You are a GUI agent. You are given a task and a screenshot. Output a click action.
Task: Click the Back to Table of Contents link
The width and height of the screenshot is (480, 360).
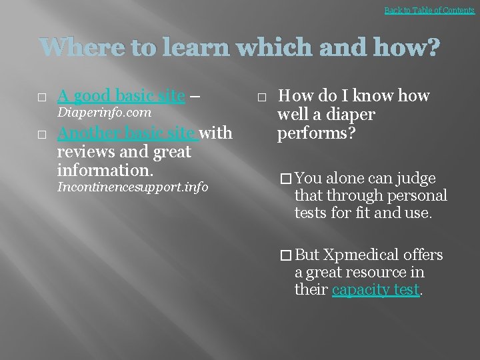(x=429, y=10)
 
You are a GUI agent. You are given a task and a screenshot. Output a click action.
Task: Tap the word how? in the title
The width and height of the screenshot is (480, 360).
(x=409, y=49)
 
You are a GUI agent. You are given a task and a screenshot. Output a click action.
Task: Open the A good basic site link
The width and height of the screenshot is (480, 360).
(x=121, y=96)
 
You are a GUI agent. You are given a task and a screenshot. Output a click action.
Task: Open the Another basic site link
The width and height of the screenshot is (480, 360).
(x=127, y=133)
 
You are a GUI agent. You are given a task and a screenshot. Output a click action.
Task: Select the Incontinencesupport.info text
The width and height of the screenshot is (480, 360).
(x=133, y=187)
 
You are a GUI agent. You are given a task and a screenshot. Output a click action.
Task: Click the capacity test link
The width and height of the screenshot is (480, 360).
(x=376, y=290)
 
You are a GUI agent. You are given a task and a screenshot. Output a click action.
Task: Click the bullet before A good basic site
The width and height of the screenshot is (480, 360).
(x=41, y=97)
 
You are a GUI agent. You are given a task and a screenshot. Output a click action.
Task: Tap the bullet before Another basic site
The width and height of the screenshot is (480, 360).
(x=41, y=135)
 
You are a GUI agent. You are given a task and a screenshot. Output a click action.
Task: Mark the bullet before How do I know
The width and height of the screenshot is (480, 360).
(x=261, y=97)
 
